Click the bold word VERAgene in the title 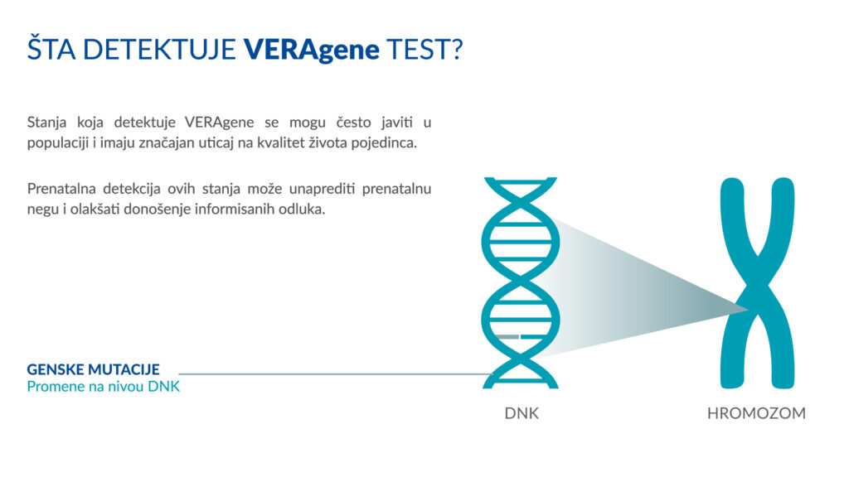(x=311, y=49)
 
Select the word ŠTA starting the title (x=52, y=49)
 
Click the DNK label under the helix (x=522, y=412)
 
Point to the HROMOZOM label (x=756, y=412)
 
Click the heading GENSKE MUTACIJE (x=93, y=369)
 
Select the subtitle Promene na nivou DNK (x=103, y=386)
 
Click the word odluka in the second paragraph (x=302, y=209)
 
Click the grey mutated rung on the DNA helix (x=507, y=336)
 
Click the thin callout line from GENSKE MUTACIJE (x=332, y=374)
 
